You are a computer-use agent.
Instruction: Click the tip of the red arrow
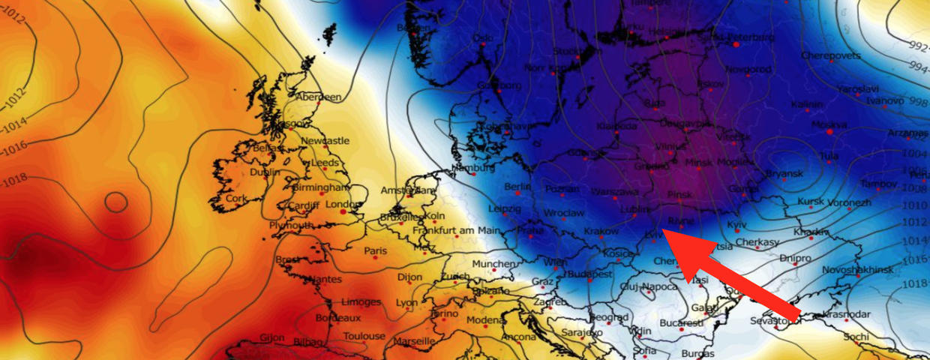(664, 233)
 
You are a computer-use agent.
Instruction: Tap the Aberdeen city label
(319, 97)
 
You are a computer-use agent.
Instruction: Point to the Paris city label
(375, 250)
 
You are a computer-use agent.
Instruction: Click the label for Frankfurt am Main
(456, 230)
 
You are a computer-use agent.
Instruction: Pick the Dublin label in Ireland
(265, 172)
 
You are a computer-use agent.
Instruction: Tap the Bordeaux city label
(339, 317)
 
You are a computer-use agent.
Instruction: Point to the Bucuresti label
(681, 323)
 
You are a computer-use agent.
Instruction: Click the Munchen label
(493, 264)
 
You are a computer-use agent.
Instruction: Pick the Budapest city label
(590, 274)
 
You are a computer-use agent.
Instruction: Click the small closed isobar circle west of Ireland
(115, 201)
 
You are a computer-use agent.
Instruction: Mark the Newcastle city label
(325, 140)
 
